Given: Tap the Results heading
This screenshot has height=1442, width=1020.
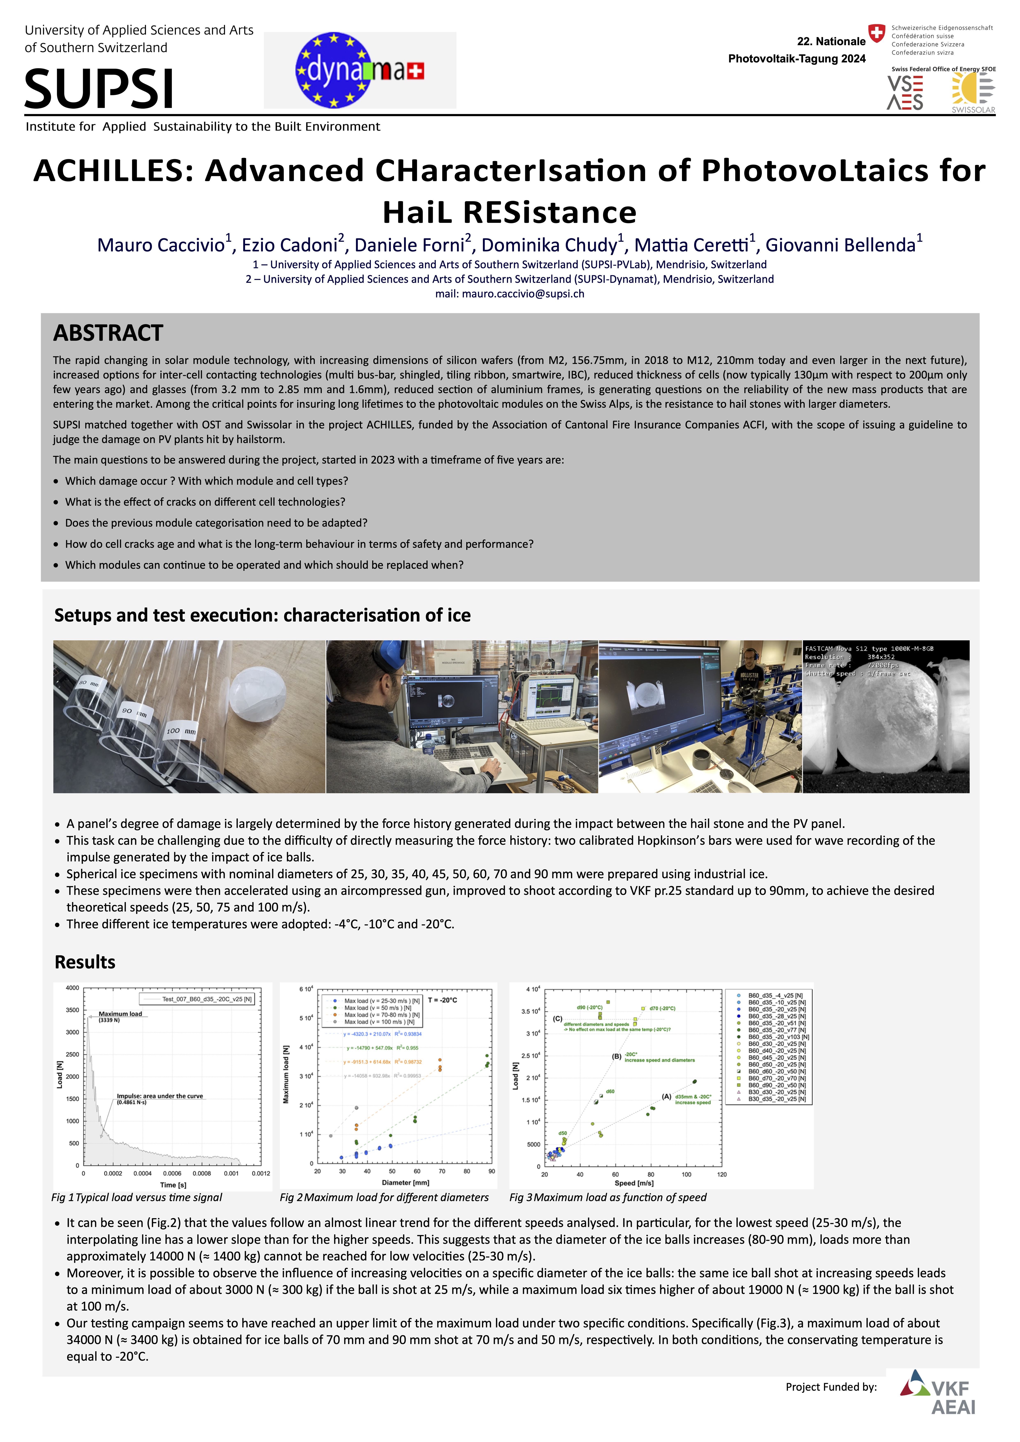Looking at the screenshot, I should [x=85, y=962].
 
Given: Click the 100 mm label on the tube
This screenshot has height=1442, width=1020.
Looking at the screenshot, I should [x=181, y=731].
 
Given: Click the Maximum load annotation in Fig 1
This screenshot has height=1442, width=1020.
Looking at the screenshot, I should [x=120, y=1014].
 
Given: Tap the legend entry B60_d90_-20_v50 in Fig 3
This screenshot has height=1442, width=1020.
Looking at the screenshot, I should [x=776, y=1085].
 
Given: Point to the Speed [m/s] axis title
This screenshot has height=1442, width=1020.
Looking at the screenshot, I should [x=634, y=1183].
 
